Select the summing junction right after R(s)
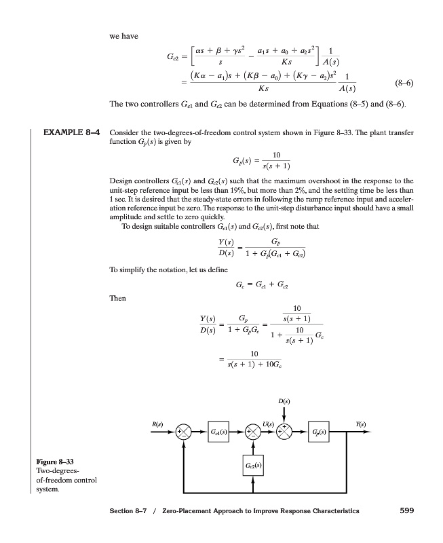click(185, 432)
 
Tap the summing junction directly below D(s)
click(285, 432)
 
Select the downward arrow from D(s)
click(285, 413)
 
